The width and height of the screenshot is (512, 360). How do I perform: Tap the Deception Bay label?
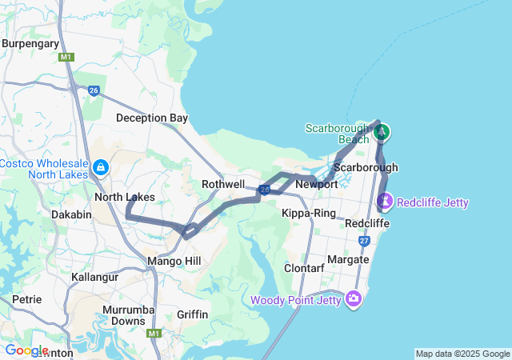click(x=152, y=118)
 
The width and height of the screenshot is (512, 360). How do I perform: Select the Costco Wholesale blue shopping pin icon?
click(x=101, y=167)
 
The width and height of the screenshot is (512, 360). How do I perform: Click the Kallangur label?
click(x=94, y=277)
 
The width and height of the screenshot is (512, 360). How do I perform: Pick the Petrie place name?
click(x=26, y=299)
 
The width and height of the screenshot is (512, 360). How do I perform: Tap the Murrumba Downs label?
click(x=124, y=314)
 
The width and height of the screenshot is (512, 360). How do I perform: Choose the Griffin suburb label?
click(x=193, y=314)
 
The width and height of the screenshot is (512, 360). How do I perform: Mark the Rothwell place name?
click(x=223, y=184)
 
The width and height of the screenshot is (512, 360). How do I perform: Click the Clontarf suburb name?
click(x=304, y=268)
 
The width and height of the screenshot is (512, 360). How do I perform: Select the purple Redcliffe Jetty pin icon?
click(x=386, y=200)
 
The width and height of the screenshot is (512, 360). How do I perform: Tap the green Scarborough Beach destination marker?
click(x=382, y=132)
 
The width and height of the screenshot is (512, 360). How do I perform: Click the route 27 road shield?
click(x=364, y=241)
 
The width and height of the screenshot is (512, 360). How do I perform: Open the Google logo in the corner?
click(x=26, y=350)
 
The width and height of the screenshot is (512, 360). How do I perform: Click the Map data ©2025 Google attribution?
click(x=462, y=354)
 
